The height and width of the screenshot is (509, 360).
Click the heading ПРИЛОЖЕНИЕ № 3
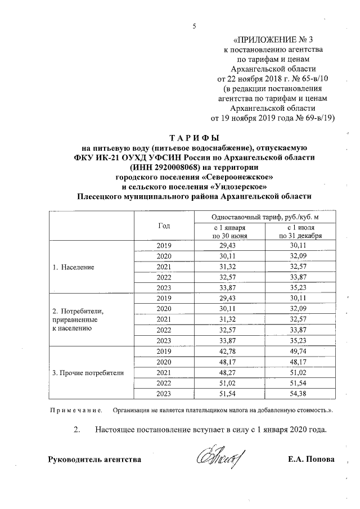coord(276,39)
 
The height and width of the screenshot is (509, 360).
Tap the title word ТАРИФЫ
coord(193,138)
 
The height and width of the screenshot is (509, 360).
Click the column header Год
coord(164,226)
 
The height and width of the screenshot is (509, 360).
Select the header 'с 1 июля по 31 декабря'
coord(304,231)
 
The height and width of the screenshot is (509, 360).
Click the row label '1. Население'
coord(74,267)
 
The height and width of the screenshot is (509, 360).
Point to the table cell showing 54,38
coord(304,394)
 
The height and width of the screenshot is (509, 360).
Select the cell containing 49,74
coord(304,352)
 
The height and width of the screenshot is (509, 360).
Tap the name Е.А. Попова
coord(310,460)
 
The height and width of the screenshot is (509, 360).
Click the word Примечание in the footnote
coord(75,410)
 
